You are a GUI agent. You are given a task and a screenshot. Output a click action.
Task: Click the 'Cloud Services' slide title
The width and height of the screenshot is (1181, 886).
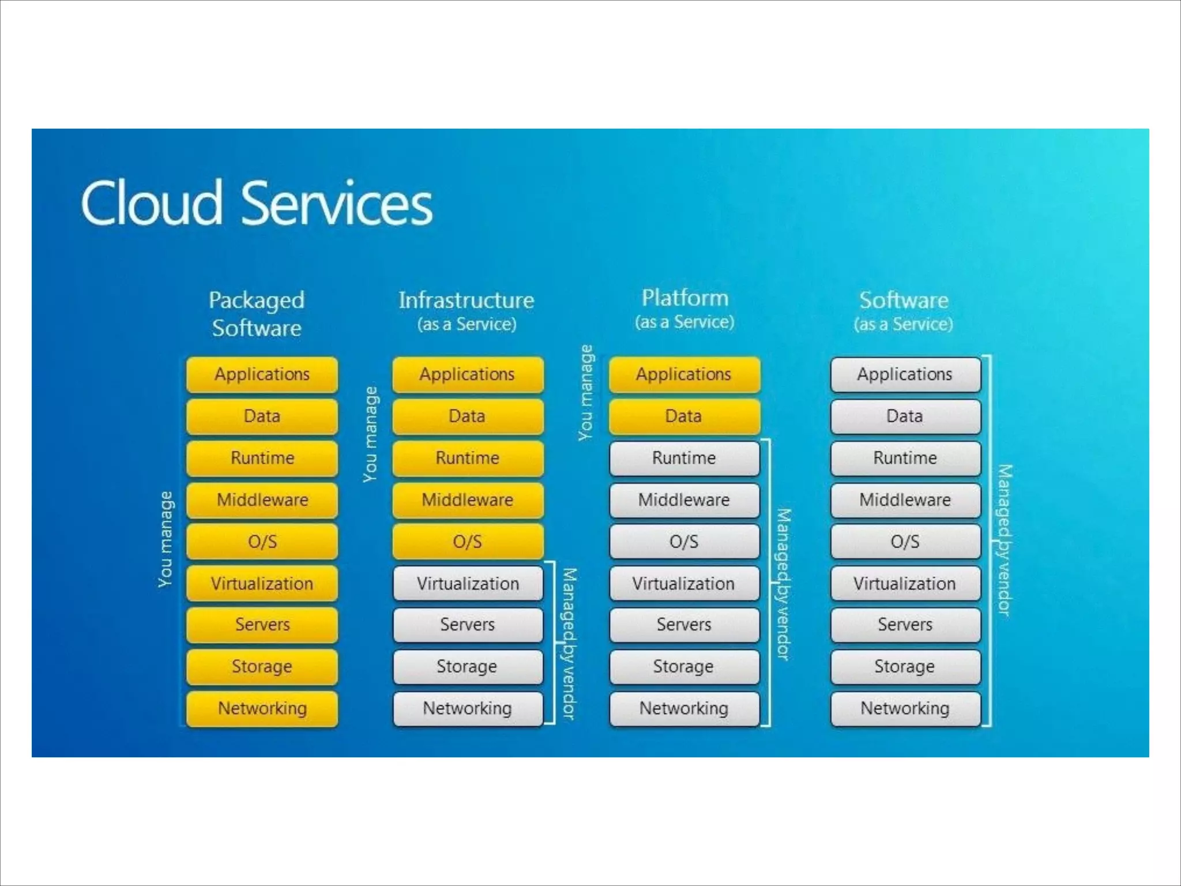[257, 203]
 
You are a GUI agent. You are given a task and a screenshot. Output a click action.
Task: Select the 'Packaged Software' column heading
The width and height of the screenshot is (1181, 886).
[257, 314]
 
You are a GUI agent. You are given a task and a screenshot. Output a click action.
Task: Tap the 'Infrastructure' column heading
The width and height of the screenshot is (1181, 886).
[467, 301]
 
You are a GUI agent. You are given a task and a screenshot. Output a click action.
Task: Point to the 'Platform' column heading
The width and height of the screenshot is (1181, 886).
[685, 298]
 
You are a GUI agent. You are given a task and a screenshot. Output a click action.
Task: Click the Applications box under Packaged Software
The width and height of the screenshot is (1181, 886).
[262, 374]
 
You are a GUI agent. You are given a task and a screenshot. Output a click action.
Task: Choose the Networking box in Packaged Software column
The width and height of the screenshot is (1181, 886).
[262, 708]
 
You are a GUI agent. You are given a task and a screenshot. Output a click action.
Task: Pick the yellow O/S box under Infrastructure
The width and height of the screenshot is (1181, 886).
[467, 542]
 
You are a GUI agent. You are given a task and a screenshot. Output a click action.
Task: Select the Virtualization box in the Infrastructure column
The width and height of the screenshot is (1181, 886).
[468, 584]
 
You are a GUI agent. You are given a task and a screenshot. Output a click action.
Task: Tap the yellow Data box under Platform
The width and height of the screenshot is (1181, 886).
[684, 416]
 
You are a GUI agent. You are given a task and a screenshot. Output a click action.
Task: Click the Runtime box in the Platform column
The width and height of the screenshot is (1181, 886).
[684, 458]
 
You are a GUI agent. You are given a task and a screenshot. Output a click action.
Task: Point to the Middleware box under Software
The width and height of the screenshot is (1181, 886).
[905, 500]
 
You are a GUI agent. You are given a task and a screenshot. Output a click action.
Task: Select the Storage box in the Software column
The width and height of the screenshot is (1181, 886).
[905, 667]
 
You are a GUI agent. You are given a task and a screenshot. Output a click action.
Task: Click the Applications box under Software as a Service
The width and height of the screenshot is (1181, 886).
[905, 374]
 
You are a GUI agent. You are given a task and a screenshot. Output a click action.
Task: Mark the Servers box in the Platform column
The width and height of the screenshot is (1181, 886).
[684, 625]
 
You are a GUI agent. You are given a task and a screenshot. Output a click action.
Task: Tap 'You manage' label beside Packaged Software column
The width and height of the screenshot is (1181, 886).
[166, 539]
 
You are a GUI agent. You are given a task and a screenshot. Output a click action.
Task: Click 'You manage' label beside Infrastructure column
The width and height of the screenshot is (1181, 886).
[370, 434]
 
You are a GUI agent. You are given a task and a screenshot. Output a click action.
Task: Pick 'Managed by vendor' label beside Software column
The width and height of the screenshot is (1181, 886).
[1005, 540]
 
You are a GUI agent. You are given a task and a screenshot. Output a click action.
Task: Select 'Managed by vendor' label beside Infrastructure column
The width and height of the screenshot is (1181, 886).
[569, 644]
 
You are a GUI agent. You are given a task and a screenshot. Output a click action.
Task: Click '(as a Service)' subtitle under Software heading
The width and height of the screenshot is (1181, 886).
[904, 324]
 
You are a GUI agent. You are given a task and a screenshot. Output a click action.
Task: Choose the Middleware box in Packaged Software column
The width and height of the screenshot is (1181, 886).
[262, 500]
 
